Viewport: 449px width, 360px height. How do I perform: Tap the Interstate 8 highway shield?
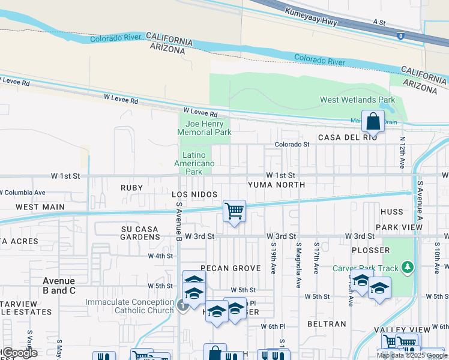point(400,37)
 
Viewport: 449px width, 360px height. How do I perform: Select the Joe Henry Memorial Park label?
point(204,128)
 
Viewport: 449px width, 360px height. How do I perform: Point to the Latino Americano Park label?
point(194,163)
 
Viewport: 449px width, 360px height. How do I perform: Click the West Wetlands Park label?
point(357,100)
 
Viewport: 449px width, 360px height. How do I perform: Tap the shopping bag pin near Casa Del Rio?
point(373,121)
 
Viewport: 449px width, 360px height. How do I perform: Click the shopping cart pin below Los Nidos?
point(234,211)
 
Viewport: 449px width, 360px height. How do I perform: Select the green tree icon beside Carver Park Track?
point(408,266)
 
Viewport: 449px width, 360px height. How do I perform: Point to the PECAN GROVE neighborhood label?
point(221,268)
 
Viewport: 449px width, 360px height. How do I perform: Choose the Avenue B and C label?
point(59,286)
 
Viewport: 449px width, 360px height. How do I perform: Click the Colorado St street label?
point(292,145)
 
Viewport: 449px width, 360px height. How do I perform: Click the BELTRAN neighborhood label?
point(327,324)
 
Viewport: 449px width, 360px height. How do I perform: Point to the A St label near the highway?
point(379,22)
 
